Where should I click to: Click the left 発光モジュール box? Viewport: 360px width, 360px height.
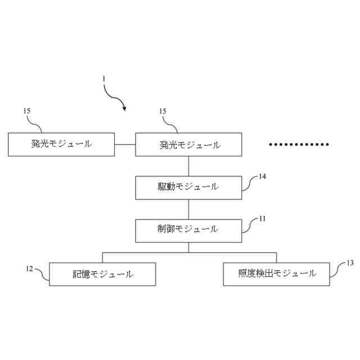click(61, 144)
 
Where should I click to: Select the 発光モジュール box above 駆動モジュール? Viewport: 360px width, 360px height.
click(189, 145)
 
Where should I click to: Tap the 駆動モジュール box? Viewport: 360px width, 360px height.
click(189, 187)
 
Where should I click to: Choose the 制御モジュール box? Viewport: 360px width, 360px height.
click(189, 229)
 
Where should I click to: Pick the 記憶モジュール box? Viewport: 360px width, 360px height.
click(103, 274)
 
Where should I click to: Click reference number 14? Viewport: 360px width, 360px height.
click(262, 176)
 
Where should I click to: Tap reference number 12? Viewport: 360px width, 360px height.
click(29, 268)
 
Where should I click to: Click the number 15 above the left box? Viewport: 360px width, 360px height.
click(27, 111)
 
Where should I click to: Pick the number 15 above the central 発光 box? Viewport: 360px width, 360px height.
click(163, 111)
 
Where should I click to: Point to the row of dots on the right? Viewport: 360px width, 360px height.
click(299, 145)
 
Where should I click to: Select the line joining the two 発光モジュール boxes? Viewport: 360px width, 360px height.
click(124, 145)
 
